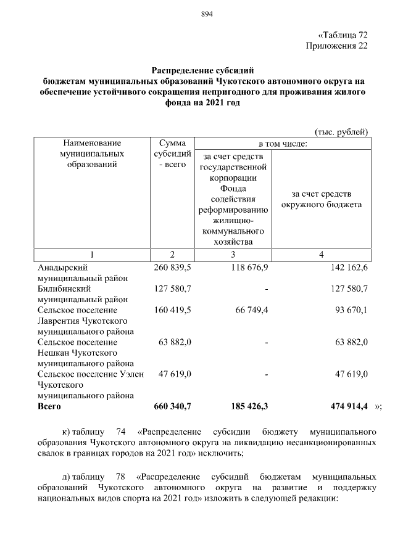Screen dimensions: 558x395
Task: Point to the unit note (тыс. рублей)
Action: (x=341, y=131)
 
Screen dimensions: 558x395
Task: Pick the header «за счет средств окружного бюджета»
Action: (x=321, y=199)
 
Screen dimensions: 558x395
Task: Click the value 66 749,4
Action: (x=251, y=310)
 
